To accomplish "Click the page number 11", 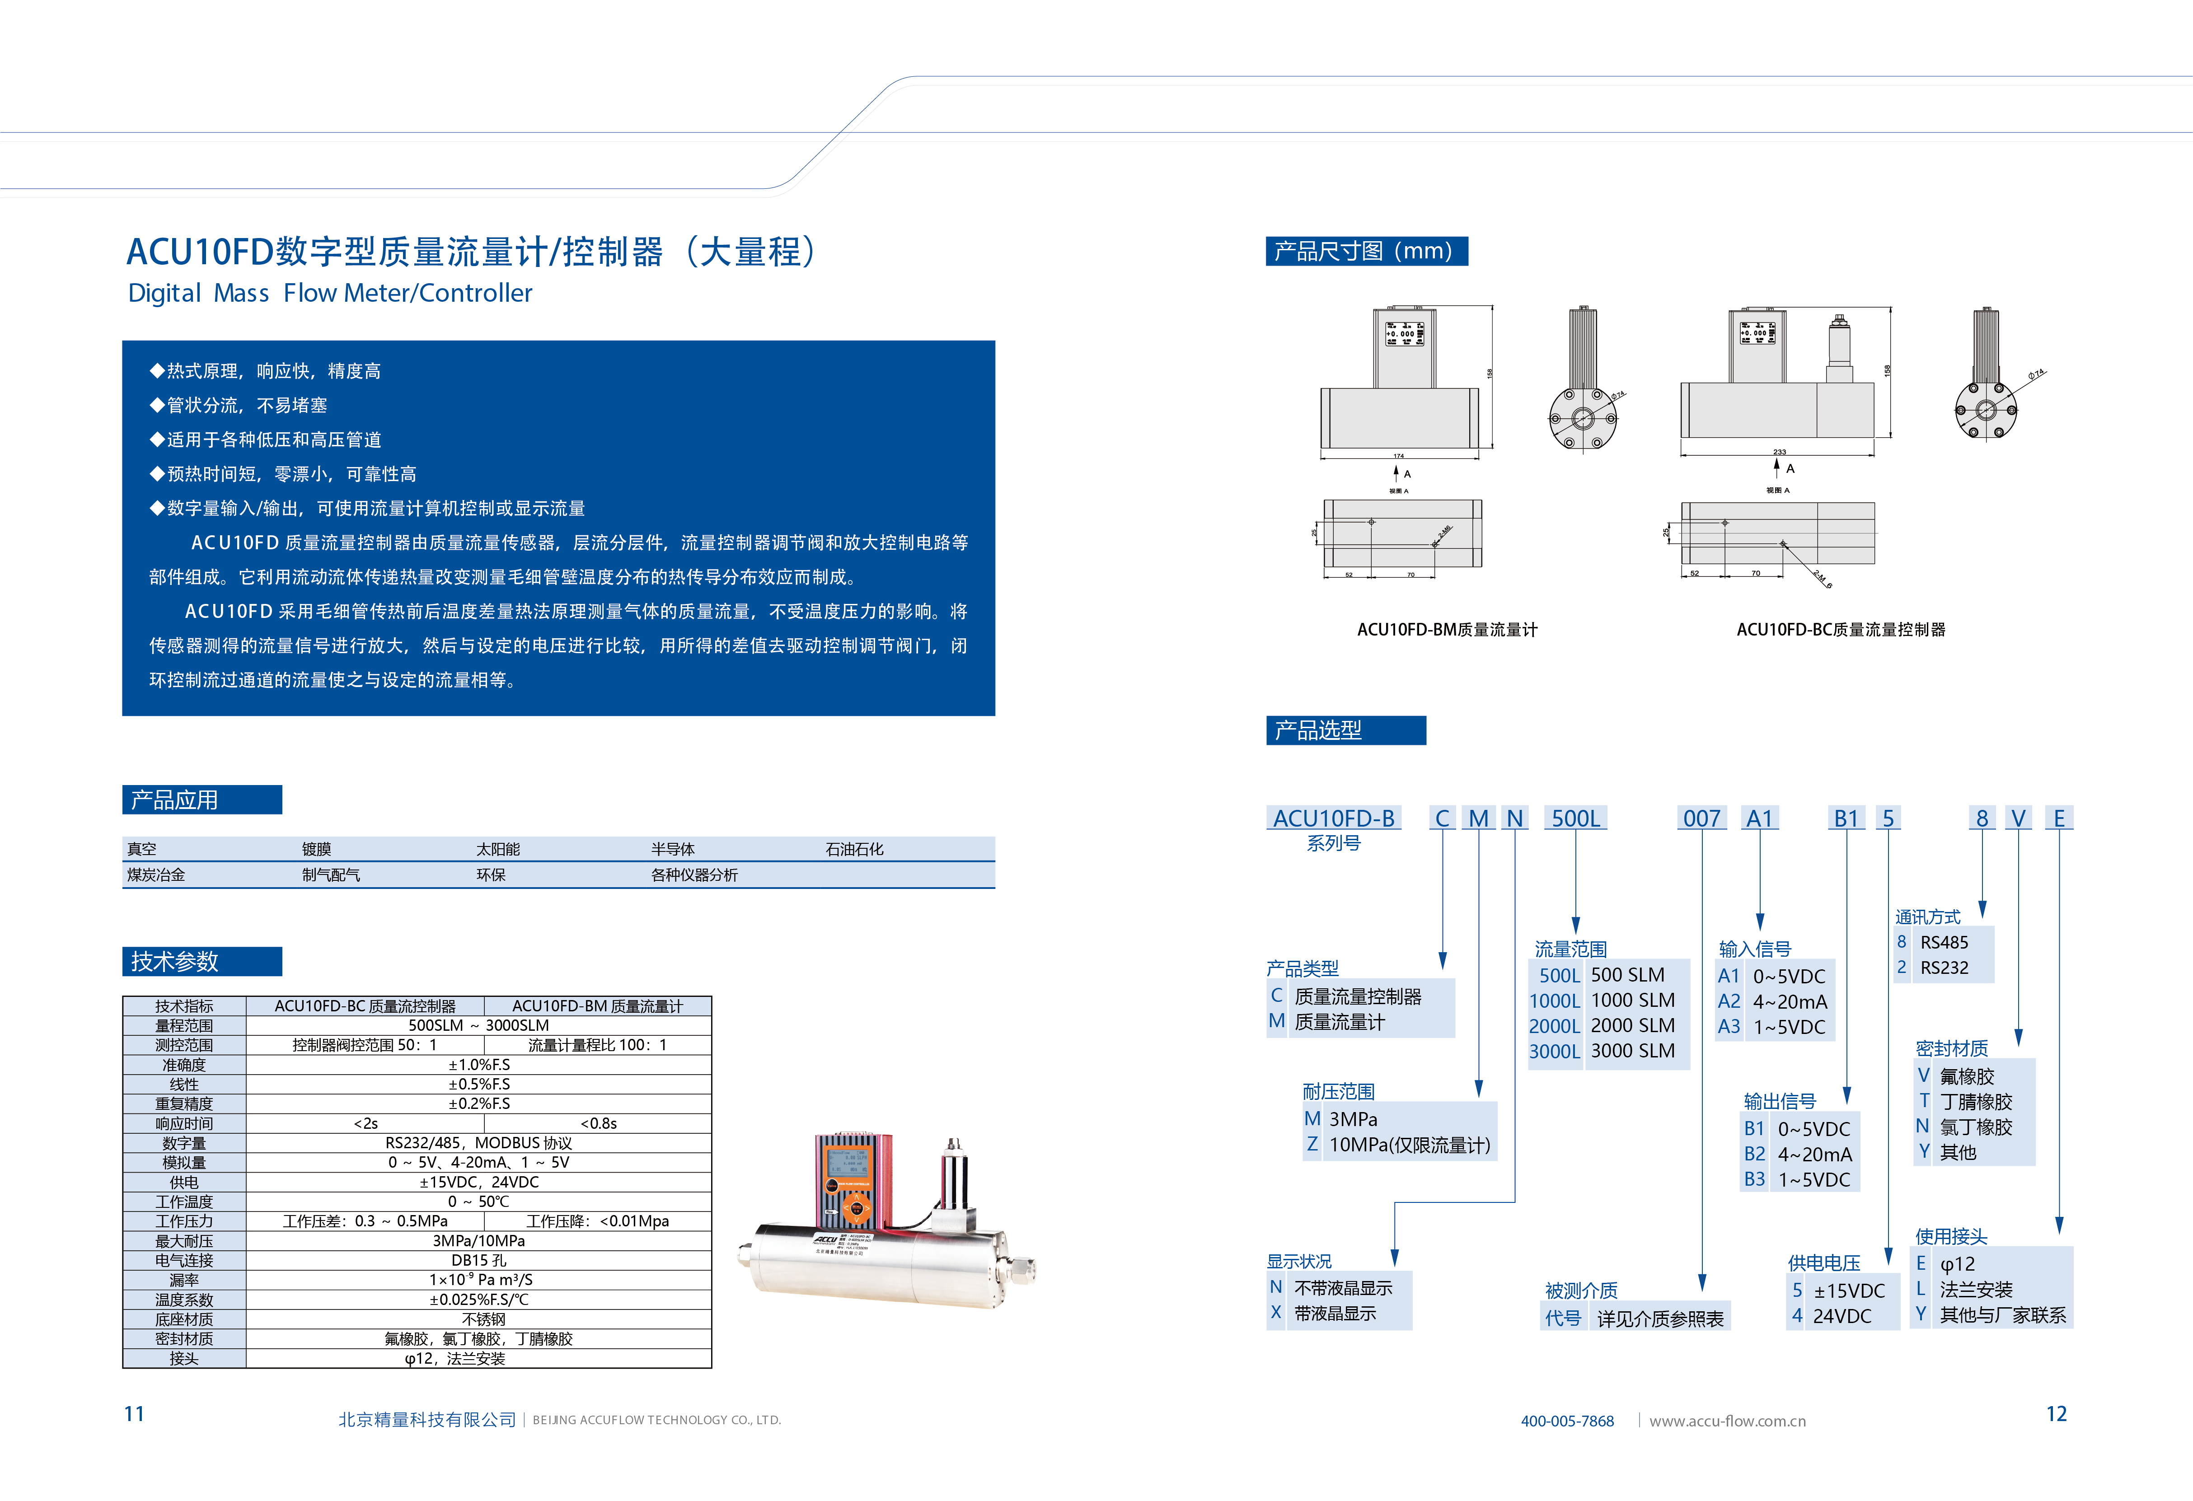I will tap(134, 1413).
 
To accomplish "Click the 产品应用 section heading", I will tap(174, 800).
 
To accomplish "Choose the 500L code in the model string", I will tap(1576, 819).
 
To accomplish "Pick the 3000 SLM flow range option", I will tap(1632, 1051).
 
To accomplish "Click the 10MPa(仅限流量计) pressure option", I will tap(1409, 1146).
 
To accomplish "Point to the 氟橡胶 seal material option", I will tap(1967, 1076).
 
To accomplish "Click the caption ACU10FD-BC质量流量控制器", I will tap(1840, 629).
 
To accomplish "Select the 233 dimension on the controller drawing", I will tap(1779, 452).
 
